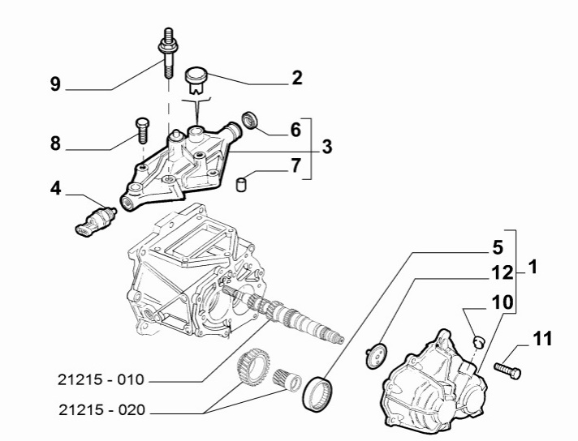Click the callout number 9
click(55, 84)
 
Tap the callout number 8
click(55, 143)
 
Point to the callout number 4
click(55, 188)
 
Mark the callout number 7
click(295, 167)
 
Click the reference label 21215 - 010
click(102, 379)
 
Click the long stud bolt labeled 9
click(167, 53)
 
